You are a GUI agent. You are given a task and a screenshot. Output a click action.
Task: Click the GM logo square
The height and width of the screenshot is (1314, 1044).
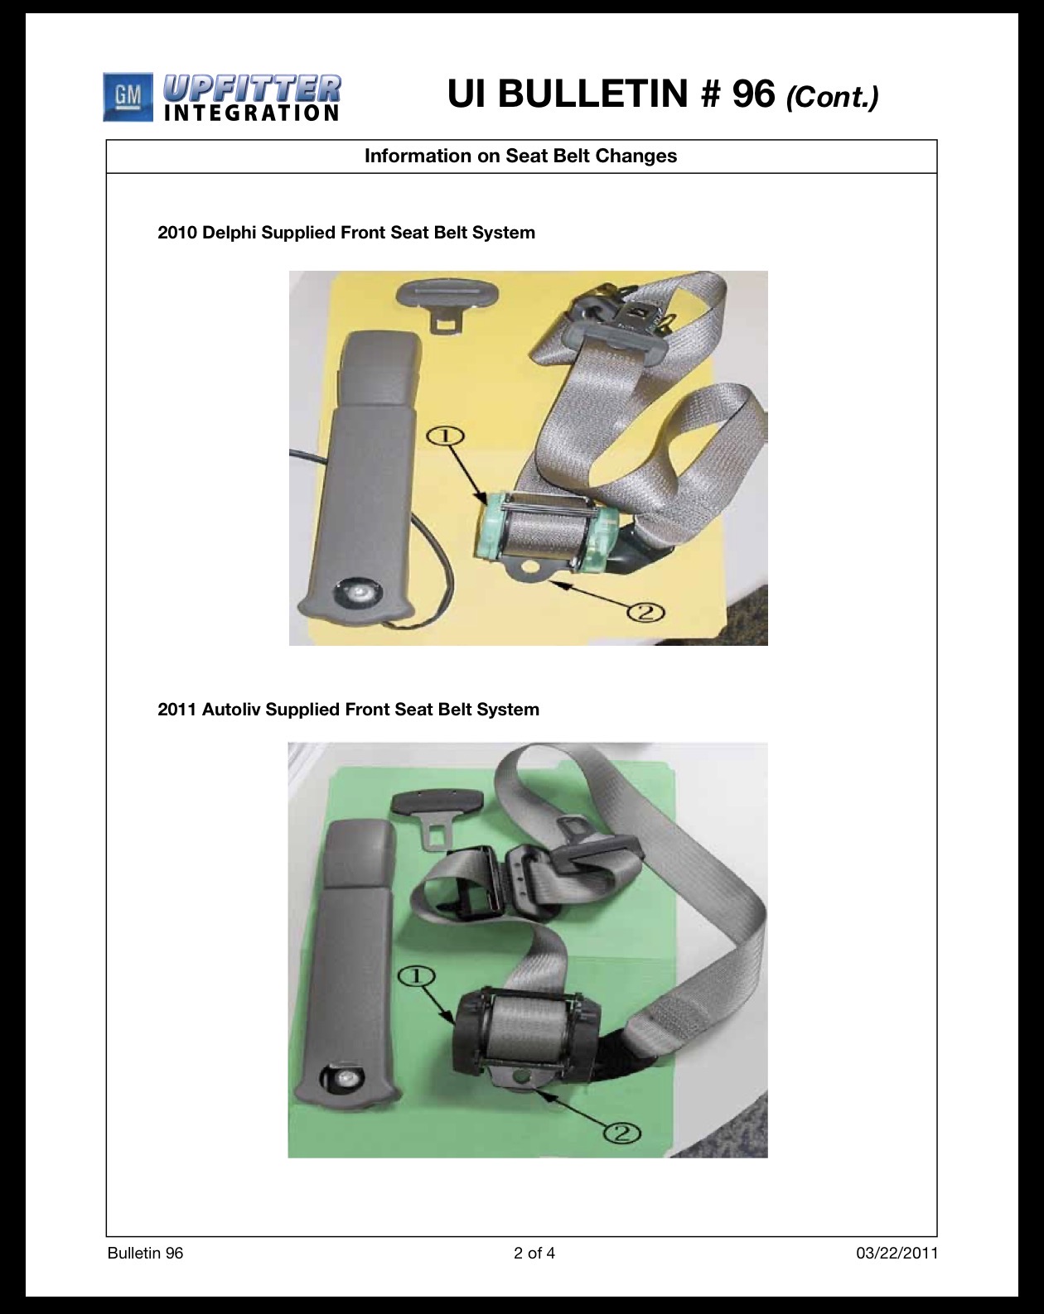(128, 97)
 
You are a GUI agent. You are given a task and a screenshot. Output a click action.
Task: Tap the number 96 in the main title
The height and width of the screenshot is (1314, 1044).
(753, 94)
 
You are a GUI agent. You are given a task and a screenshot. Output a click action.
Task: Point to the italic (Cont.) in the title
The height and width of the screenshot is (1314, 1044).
(832, 97)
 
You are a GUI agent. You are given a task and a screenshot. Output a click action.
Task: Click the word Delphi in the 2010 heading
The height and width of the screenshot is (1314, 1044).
(229, 233)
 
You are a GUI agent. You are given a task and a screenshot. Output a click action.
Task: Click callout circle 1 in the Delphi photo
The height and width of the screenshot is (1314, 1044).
(445, 436)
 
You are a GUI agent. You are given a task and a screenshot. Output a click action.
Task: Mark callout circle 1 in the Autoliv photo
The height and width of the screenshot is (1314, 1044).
(416, 976)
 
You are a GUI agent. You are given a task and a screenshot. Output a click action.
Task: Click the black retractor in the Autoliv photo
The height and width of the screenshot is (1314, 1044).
(525, 1035)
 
